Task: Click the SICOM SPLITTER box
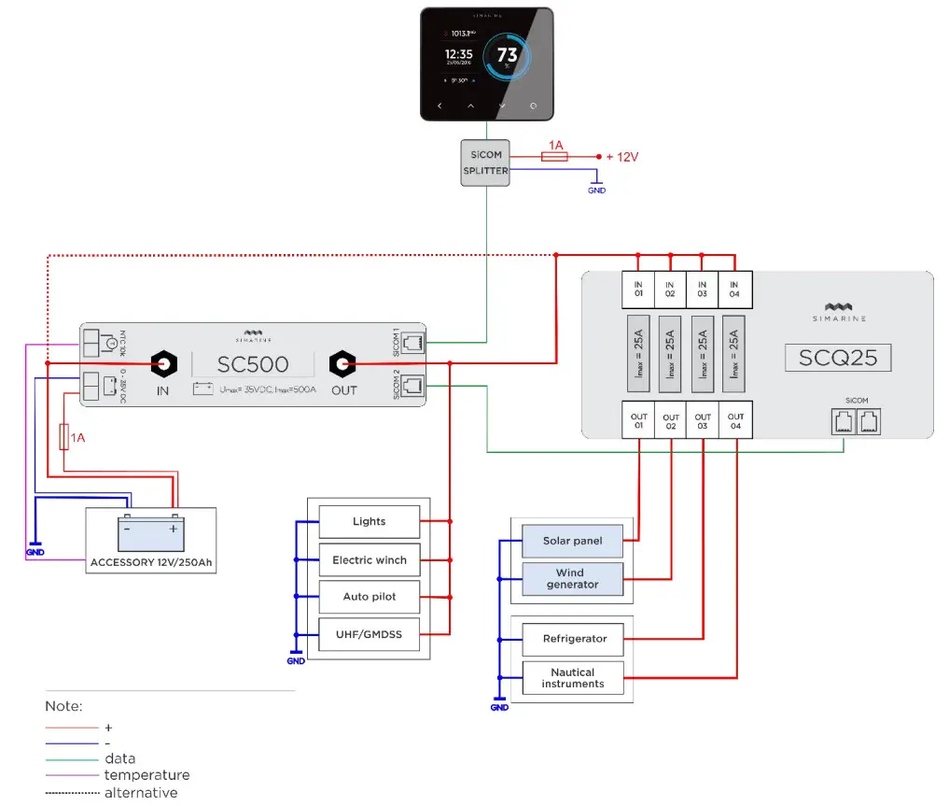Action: (x=484, y=163)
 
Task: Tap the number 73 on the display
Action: (x=507, y=55)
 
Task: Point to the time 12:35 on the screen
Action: (x=458, y=54)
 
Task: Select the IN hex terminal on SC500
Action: (x=163, y=363)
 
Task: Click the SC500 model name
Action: (x=253, y=364)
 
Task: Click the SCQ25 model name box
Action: (x=830, y=357)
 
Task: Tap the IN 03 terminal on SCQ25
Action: (x=703, y=288)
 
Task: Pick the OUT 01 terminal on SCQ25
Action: (x=639, y=422)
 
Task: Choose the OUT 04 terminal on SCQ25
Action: (x=735, y=422)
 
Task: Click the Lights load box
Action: (x=369, y=521)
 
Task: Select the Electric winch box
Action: (x=369, y=560)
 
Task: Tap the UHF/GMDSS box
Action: (x=369, y=634)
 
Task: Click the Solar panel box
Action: (x=572, y=541)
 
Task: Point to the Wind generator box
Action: (x=572, y=579)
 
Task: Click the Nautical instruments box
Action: (x=572, y=678)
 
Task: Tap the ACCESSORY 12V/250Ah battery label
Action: (x=150, y=563)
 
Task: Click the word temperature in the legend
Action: (x=147, y=775)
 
